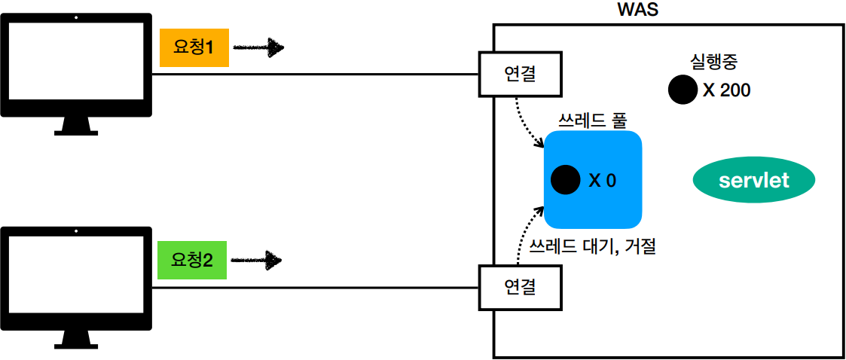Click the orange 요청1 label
[194, 48]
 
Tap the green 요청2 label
[192, 261]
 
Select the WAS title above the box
[639, 11]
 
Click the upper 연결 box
[519, 75]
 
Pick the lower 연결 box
[519, 286]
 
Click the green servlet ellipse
[754, 181]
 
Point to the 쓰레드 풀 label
[592, 119]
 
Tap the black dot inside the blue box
[565, 180]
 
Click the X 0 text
[603, 181]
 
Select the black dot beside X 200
[683, 90]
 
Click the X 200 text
[726, 90]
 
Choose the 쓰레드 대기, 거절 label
[593, 246]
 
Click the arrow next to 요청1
[258, 48]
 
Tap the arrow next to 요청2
[256, 261]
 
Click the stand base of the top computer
[76, 131]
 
